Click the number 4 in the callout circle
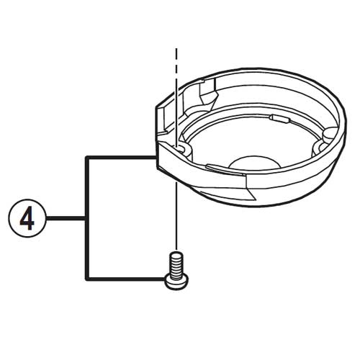[27, 218]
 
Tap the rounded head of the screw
[176, 283]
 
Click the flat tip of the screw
[176, 254]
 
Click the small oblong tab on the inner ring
[279, 119]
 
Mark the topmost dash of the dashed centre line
[176, 54]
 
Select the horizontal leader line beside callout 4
[65, 218]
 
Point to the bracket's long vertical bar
[87, 218]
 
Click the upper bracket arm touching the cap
[121, 158]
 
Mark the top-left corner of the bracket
[87, 158]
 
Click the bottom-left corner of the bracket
[87, 279]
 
